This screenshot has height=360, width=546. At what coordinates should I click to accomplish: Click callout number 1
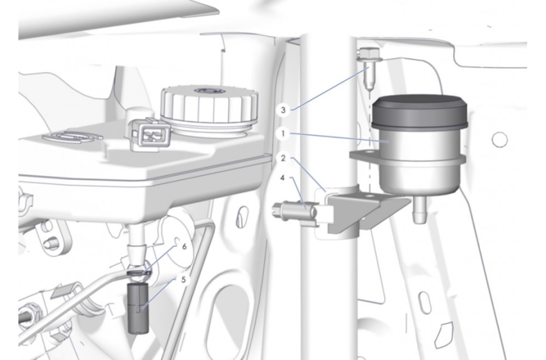pyautogui.click(x=283, y=134)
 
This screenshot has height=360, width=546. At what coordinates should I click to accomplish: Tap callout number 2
pyautogui.click(x=283, y=158)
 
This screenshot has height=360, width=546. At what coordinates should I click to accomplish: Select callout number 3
pyautogui.click(x=283, y=110)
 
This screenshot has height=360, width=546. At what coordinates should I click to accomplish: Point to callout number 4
pyautogui.click(x=283, y=178)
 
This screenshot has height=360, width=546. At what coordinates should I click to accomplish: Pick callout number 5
pyautogui.click(x=184, y=280)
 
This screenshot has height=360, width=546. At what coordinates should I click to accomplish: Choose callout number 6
pyautogui.click(x=184, y=247)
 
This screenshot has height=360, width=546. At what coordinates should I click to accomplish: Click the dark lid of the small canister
pyautogui.click(x=419, y=111)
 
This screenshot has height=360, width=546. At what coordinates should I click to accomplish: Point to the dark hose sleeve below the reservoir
pyautogui.click(x=139, y=308)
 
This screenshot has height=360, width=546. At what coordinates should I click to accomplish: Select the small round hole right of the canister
pyautogui.click(x=499, y=139)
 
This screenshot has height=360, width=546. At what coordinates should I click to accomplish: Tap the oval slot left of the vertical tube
pyautogui.click(x=242, y=217)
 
